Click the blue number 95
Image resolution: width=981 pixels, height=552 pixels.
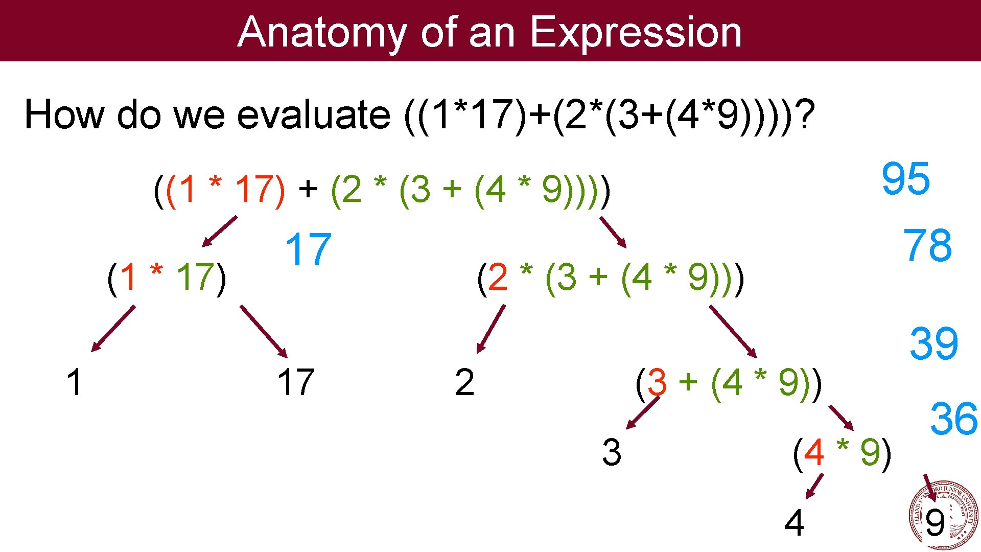905,178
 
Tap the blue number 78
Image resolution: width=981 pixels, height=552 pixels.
927,245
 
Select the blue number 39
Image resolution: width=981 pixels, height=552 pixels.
933,343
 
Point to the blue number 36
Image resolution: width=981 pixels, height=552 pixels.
953,419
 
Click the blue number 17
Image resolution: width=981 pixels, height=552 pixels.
308,249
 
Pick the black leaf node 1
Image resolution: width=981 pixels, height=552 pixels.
74,382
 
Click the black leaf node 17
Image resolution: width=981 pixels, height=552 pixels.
295,382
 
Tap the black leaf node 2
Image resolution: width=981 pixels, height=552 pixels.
464,382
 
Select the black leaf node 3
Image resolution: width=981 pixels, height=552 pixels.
612,452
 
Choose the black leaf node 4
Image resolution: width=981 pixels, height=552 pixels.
794,523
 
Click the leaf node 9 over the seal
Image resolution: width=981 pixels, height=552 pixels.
935,523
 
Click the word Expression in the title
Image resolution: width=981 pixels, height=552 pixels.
636,32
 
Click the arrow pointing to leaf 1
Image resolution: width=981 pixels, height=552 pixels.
113,329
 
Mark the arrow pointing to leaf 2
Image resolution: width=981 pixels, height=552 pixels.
491,329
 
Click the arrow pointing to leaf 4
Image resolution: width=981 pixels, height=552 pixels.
814,486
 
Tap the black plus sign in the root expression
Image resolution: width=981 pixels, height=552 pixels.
308,189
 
